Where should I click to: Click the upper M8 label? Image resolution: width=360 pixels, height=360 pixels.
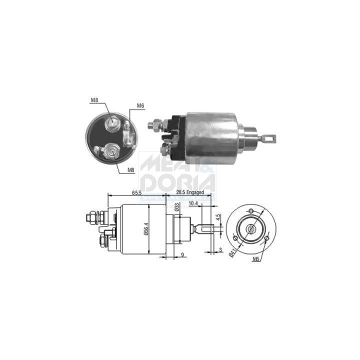click(94, 100)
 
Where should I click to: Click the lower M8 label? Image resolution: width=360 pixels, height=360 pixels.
click(130, 170)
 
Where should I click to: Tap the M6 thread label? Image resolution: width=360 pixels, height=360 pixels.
click(140, 105)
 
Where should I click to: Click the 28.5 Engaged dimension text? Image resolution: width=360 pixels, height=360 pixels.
click(190, 192)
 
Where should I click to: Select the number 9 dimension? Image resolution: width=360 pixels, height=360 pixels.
click(182, 255)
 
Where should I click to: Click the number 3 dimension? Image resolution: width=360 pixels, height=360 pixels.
click(220, 249)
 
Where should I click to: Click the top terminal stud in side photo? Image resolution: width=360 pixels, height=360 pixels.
click(154, 122)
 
